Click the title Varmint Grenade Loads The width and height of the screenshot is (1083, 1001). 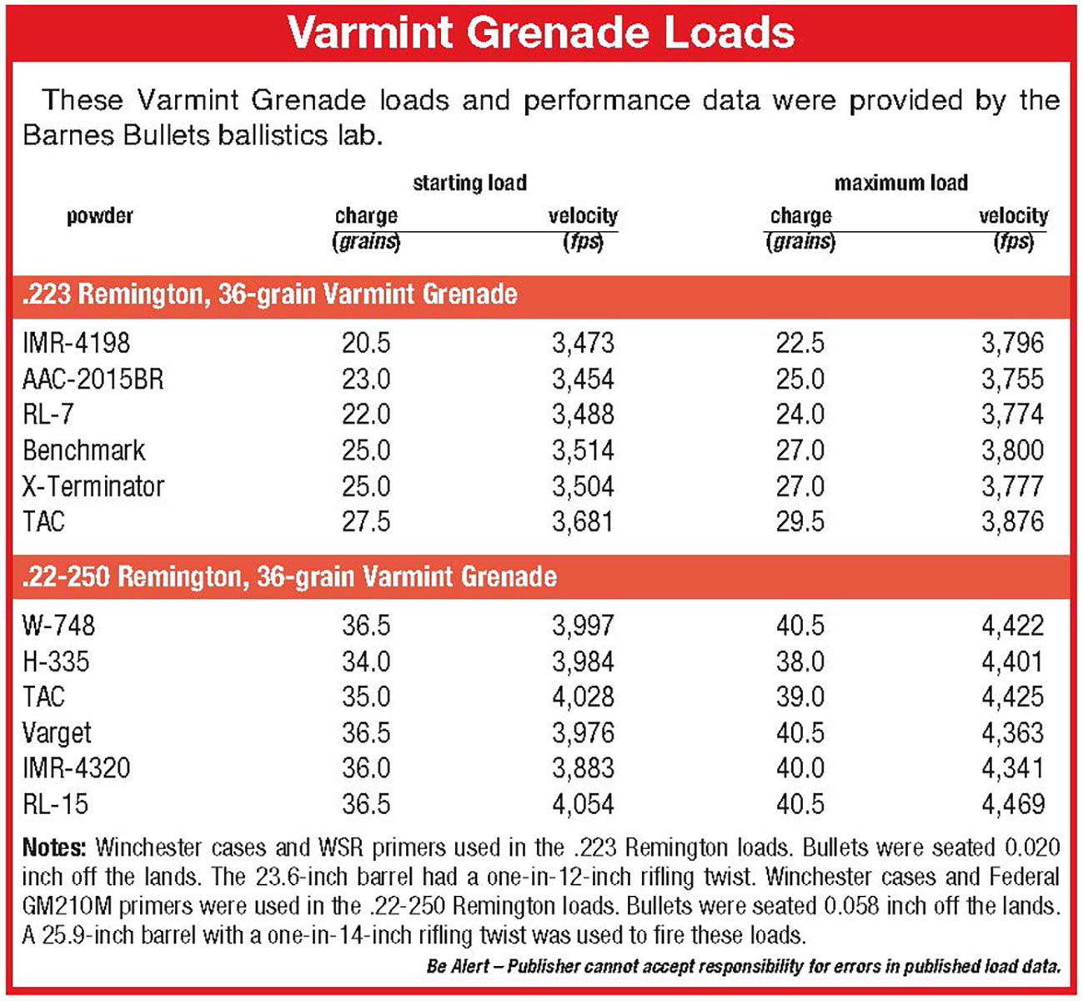pos(540,32)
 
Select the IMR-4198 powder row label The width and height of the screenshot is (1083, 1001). pos(76,343)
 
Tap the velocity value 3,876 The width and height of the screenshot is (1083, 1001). pos(1011,521)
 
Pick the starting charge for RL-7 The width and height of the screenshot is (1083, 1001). pos(365,415)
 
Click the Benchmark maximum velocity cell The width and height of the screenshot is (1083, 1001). pos(1011,450)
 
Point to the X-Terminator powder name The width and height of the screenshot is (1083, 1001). pos(93,486)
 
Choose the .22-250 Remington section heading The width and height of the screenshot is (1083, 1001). pos(289,576)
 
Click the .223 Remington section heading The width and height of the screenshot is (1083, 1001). pos(269,294)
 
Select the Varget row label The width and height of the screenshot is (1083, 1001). pos(57,732)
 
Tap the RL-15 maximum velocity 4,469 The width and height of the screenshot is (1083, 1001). pos(1011,804)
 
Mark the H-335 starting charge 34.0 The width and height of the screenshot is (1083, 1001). pos(365,661)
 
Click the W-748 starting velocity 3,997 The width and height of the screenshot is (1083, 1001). pos(583,626)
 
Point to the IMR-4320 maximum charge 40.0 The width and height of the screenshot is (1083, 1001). pos(800,768)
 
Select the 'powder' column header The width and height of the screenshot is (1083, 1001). pos(100,216)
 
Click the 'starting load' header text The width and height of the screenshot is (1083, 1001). pos(469,183)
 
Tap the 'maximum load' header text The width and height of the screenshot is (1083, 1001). pos(900,183)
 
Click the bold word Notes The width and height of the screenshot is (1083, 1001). pos(54,848)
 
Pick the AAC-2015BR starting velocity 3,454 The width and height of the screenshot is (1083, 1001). pos(583,379)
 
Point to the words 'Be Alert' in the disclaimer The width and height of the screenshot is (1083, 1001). pos(458,967)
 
